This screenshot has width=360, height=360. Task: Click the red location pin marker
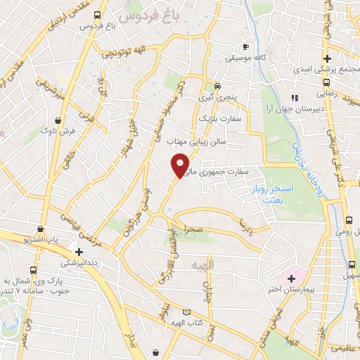pyautogui.click(x=181, y=165)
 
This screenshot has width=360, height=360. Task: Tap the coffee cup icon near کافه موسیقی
pyautogui.click(x=245, y=46)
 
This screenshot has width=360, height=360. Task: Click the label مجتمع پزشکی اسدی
pyautogui.click(x=325, y=69)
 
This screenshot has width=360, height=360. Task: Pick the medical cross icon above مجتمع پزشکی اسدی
pyautogui.click(x=327, y=58)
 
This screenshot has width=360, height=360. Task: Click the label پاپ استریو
pyautogui.click(x=44, y=240)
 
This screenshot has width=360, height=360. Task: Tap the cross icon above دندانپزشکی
pyautogui.click(x=79, y=251)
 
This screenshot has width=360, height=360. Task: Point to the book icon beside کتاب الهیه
pyautogui.click(x=186, y=311)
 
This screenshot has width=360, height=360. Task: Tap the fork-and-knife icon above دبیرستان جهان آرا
pyautogui.click(x=295, y=98)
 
